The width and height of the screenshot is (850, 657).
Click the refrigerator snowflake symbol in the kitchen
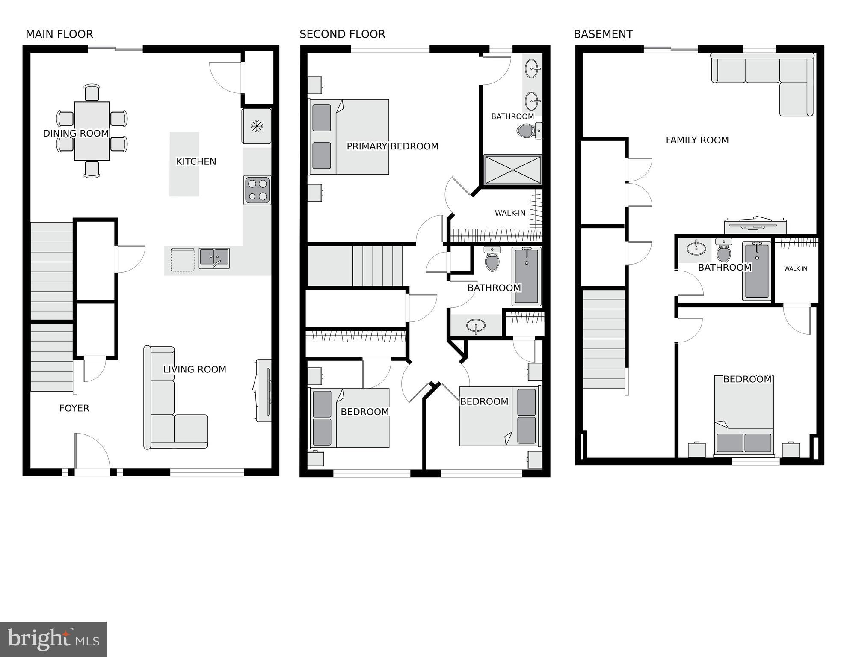(257, 126)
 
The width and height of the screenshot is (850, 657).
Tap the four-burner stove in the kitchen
(257, 190)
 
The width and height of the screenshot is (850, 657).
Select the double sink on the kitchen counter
(214, 258)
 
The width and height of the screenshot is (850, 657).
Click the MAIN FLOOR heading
(59, 34)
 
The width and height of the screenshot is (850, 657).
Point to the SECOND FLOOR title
(342, 34)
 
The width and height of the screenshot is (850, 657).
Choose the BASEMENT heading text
(603, 34)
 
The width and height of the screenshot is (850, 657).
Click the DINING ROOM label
(76, 134)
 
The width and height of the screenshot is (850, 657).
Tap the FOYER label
(74, 408)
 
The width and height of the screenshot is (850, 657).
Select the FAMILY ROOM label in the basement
(697, 140)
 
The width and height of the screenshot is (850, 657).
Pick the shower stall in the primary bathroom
(512, 170)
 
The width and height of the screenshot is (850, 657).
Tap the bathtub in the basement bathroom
(757, 271)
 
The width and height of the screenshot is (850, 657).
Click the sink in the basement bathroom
(696, 248)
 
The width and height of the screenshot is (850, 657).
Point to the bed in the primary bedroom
(349, 137)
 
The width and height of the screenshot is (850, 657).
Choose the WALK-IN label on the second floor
(510, 213)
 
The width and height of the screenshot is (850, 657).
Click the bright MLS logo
(53, 639)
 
